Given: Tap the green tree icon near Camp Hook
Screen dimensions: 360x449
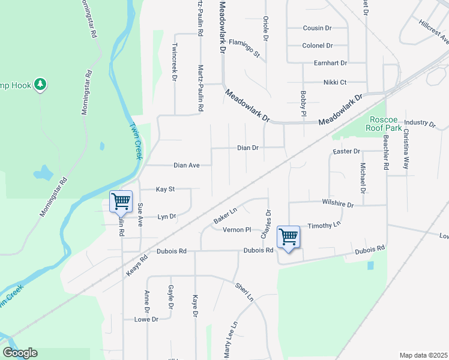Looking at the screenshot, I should (41, 84).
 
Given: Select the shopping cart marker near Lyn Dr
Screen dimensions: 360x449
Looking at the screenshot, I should (121, 202).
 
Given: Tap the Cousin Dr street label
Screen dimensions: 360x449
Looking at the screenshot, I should (317, 28).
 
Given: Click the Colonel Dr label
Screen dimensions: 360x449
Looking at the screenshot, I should (317, 46).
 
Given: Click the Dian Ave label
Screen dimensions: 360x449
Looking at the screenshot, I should (186, 165).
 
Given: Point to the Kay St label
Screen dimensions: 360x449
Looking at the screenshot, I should (165, 189).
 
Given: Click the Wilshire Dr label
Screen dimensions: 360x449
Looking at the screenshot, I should (338, 204).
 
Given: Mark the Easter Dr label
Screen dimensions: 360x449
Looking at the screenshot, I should (348, 151).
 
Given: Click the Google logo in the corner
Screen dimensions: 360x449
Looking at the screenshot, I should (20, 353).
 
